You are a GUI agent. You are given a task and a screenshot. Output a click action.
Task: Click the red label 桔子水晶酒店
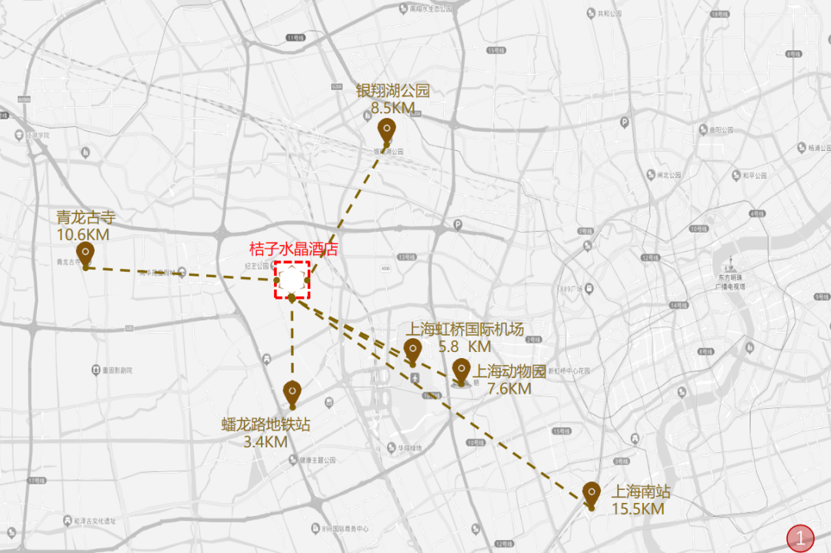[x=293, y=250]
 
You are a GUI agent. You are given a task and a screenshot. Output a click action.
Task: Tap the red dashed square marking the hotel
[x=292, y=280]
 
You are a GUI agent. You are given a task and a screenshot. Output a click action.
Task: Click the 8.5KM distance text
[x=392, y=108]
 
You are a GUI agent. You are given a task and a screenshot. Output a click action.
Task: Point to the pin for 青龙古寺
[x=85, y=253]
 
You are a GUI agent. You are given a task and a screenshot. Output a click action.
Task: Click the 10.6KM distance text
[x=83, y=233]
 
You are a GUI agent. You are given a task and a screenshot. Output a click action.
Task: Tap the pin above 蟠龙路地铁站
[x=291, y=392]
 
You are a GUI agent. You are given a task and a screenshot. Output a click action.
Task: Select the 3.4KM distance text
[x=265, y=442]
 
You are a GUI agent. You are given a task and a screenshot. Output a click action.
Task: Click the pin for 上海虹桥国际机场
[x=412, y=350]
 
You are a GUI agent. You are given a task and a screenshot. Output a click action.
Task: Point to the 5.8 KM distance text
[x=465, y=347]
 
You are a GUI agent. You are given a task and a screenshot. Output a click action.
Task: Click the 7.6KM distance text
[x=509, y=388]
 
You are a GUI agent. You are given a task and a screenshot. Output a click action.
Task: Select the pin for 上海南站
[x=591, y=492]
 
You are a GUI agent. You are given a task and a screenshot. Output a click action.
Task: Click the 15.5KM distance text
[x=638, y=508]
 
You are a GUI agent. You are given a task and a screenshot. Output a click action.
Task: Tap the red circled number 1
[x=802, y=538]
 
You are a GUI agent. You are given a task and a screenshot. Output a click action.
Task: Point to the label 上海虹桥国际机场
[x=465, y=330]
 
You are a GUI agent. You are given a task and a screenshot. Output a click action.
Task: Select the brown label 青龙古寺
[x=86, y=217]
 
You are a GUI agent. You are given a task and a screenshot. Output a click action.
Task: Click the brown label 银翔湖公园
[x=392, y=91]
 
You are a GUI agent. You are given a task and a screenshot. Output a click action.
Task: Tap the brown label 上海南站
[x=641, y=491]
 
